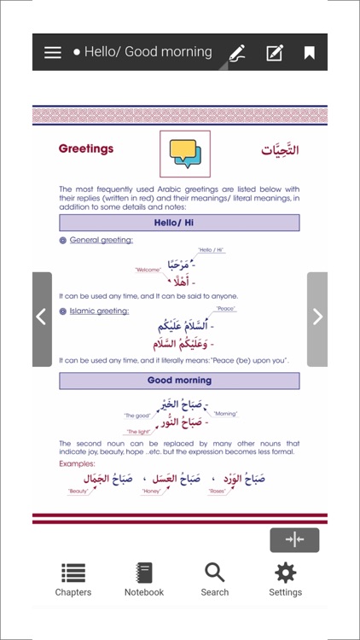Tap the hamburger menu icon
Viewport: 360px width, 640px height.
(x=53, y=52)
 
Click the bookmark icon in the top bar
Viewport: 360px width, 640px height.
(x=310, y=53)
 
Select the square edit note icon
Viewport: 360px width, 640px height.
(x=275, y=53)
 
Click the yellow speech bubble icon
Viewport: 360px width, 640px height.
(x=184, y=153)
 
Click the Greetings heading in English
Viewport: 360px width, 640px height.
(x=86, y=148)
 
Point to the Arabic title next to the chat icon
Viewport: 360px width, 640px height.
(x=280, y=150)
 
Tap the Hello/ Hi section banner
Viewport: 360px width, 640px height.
(x=179, y=223)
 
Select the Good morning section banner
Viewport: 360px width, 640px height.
(x=179, y=381)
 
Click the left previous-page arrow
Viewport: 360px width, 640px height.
(x=41, y=317)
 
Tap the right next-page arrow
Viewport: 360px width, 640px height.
(x=317, y=317)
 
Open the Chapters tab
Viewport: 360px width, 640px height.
(x=73, y=579)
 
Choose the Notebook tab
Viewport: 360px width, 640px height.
(x=144, y=579)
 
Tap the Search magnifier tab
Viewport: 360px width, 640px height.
(x=215, y=579)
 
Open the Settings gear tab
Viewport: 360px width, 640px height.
(x=285, y=579)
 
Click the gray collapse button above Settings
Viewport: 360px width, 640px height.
(x=294, y=539)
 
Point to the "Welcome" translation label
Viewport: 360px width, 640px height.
(x=148, y=271)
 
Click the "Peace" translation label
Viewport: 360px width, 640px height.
(x=225, y=309)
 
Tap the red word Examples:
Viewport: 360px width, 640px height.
(x=78, y=463)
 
